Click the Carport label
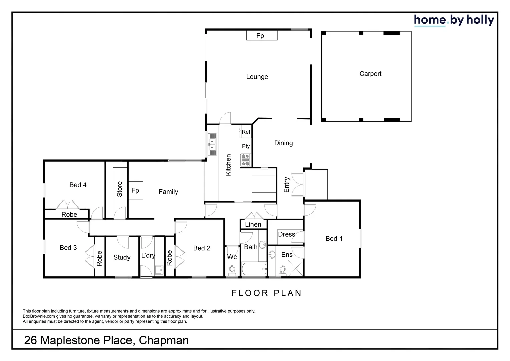click(x=370, y=74)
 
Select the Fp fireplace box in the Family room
click(x=135, y=190)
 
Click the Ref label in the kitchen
click(x=246, y=132)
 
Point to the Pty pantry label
click(x=246, y=146)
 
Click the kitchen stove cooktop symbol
click(x=246, y=160)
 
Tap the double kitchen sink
click(x=212, y=144)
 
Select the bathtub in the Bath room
click(x=254, y=268)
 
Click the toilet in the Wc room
click(x=232, y=270)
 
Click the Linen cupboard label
click(x=253, y=224)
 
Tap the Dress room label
click(x=286, y=234)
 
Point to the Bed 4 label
click(x=78, y=185)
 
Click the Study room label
click(x=122, y=257)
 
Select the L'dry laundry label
click(x=148, y=255)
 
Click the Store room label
click(x=120, y=189)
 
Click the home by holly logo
click(x=454, y=20)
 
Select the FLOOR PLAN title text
click(x=266, y=293)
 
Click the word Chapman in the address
click(x=164, y=340)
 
